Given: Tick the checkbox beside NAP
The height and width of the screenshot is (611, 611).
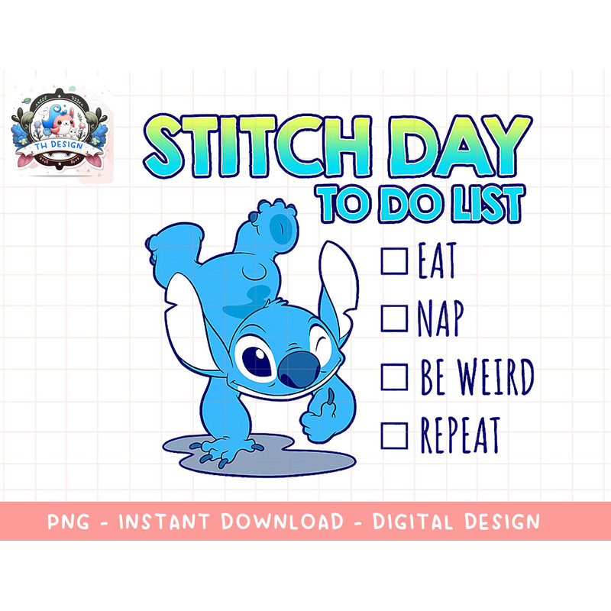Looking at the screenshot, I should pyautogui.click(x=394, y=318).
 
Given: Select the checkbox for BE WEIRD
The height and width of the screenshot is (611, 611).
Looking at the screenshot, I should pyautogui.click(x=394, y=376).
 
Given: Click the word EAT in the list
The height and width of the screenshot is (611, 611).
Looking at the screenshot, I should pyautogui.click(x=437, y=262).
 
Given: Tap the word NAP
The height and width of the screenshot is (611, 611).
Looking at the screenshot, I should pyautogui.click(x=440, y=319).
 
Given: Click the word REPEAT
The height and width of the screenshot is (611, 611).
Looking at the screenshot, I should pyautogui.click(x=459, y=435).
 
